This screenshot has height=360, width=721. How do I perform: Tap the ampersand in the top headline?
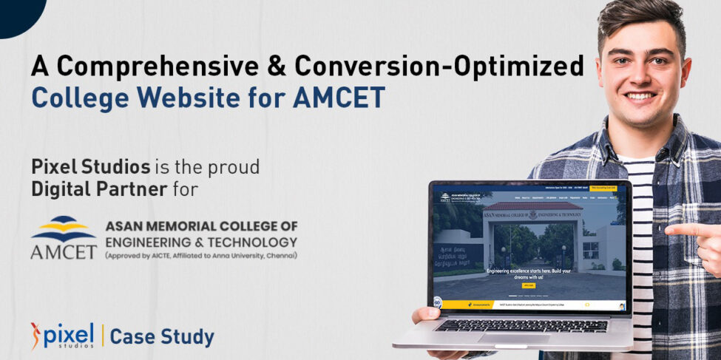coord(277,66)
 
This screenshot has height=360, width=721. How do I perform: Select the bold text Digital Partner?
coord(98,189)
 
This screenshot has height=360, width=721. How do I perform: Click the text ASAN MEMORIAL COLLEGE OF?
coord(200,226)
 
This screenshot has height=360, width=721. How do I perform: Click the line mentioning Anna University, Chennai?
coord(200,256)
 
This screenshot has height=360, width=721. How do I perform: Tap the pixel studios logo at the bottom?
coord(63,335)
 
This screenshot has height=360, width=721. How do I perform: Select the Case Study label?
coord(162,337)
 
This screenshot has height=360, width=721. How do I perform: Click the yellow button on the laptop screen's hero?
coord(528,285)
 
